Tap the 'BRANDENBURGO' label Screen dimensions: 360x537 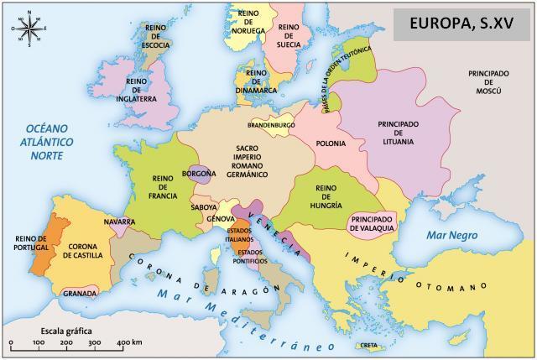tap(272, 125)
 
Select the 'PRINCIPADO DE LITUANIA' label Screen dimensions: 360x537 tap(396, 133)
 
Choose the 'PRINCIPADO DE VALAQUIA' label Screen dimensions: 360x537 tap(371, 222)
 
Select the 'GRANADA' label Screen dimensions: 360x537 tap(80, 294)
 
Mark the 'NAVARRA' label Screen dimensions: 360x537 tap(118, 222)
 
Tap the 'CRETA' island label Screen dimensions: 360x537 tap(369, 345)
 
